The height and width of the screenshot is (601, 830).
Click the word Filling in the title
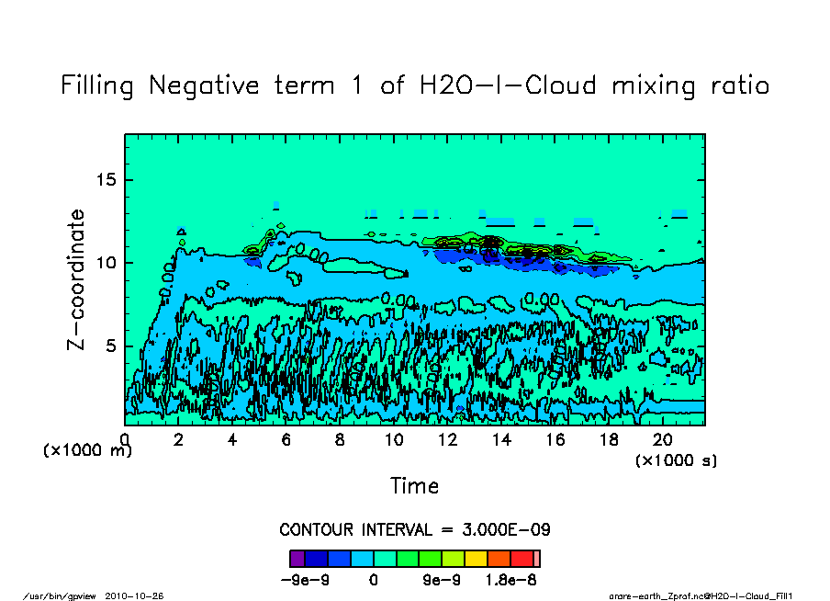[x=98, y=86]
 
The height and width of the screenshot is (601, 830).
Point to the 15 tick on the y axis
[x=107, y=179]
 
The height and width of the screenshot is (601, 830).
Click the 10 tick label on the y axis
[x=107, y=263]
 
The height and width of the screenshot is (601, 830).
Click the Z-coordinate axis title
[x=77, y=279]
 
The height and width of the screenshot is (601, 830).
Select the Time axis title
[x=414, y=485]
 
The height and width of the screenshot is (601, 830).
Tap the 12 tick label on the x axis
[x=447, y=440]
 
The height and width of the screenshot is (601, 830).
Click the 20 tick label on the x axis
[x=662, y=440]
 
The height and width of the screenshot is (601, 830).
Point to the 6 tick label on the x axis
[x=286, y=440]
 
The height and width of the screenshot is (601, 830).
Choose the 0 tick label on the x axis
[x=125, y=440]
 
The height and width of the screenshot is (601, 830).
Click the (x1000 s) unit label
[x=677, y=459]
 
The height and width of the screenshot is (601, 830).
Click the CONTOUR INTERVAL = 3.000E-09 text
[x=414, y=530]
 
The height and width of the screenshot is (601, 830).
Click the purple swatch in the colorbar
[x=297, y=558]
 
